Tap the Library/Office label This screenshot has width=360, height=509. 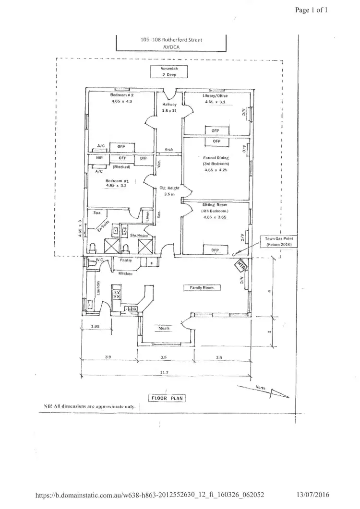click(216, 95)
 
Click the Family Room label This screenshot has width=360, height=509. click(202, 287)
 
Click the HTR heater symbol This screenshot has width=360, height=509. click(240, 265)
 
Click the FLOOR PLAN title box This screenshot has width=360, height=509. click(165, 398)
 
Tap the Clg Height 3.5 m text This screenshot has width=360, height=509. click(169, 191)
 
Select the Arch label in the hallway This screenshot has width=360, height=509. click(168, 149)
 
